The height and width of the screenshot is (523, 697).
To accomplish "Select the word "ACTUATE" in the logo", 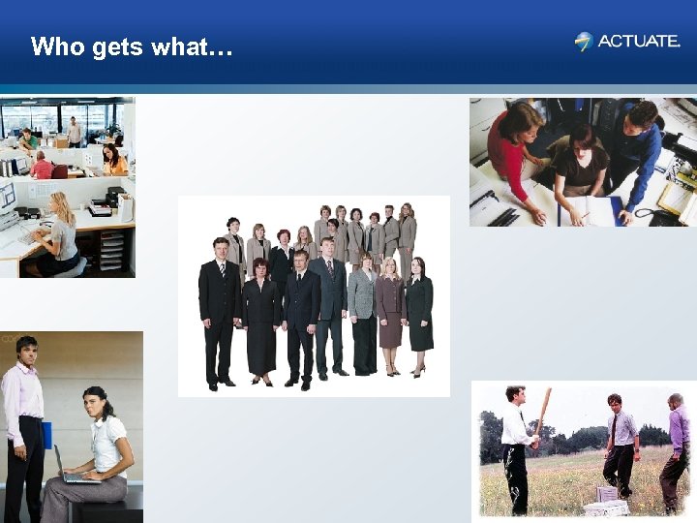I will pos(639,41).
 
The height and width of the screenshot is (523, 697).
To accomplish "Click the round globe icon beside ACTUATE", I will pos(583,41).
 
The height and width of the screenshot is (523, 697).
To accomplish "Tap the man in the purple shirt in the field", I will pos(677,446).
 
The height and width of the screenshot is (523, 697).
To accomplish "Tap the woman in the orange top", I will pos(113,160).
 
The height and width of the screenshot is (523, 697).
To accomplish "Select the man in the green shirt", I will pos(29,141).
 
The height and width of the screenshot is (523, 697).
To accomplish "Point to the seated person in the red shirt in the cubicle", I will pos(42,167).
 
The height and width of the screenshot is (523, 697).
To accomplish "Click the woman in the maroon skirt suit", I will pos(390,310).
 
